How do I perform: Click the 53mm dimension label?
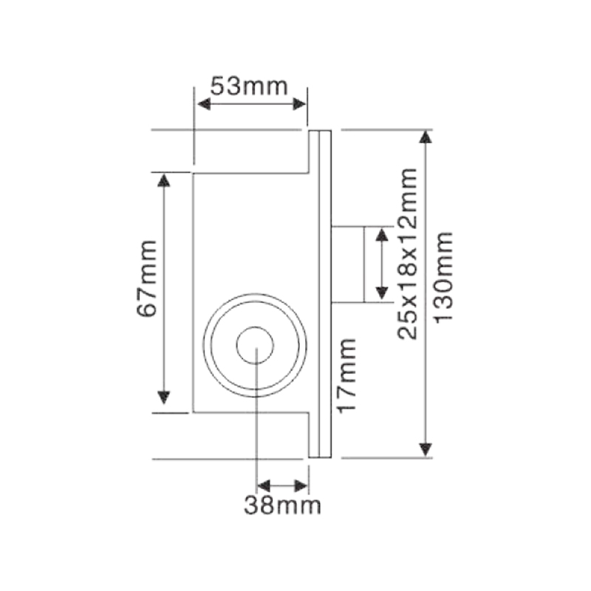249,86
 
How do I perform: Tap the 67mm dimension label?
146,279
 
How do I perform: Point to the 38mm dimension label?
283,505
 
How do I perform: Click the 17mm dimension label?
346,376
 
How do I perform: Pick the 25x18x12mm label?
408,253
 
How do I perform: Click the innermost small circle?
255,345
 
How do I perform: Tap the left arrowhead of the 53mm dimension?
204,104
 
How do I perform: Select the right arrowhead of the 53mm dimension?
299,104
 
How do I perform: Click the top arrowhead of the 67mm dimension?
163,180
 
